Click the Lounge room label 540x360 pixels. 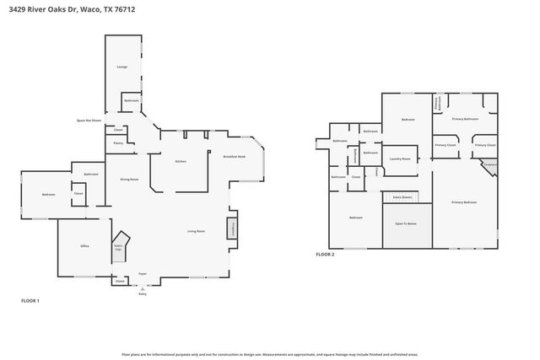(x=122, y=66)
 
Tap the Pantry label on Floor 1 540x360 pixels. (x=118, y=143)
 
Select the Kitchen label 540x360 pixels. (x=181, y=161)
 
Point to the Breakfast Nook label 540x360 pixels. (x=234, y=157)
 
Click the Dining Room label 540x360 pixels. (x=129, y=179)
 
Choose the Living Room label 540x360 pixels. (x=197, y=230)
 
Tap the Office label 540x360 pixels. (x=85, y=245)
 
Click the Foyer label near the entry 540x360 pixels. (x=142, y=274)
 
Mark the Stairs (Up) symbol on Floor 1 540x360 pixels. (x=119, y=247)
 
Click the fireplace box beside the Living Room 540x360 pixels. (x=231, y=228)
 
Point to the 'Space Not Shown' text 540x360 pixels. (x=89, y=121)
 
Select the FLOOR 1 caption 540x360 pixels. (x=30, y=300)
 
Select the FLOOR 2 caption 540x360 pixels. (x=326, y=254)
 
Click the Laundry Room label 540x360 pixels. (x=400, y=159)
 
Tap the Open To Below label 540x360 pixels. (x=407, y=223)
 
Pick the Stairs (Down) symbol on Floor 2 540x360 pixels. (x=402, y=196)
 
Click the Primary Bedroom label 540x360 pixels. (x=463, y=202)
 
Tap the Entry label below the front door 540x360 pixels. (x=142, y=293)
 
